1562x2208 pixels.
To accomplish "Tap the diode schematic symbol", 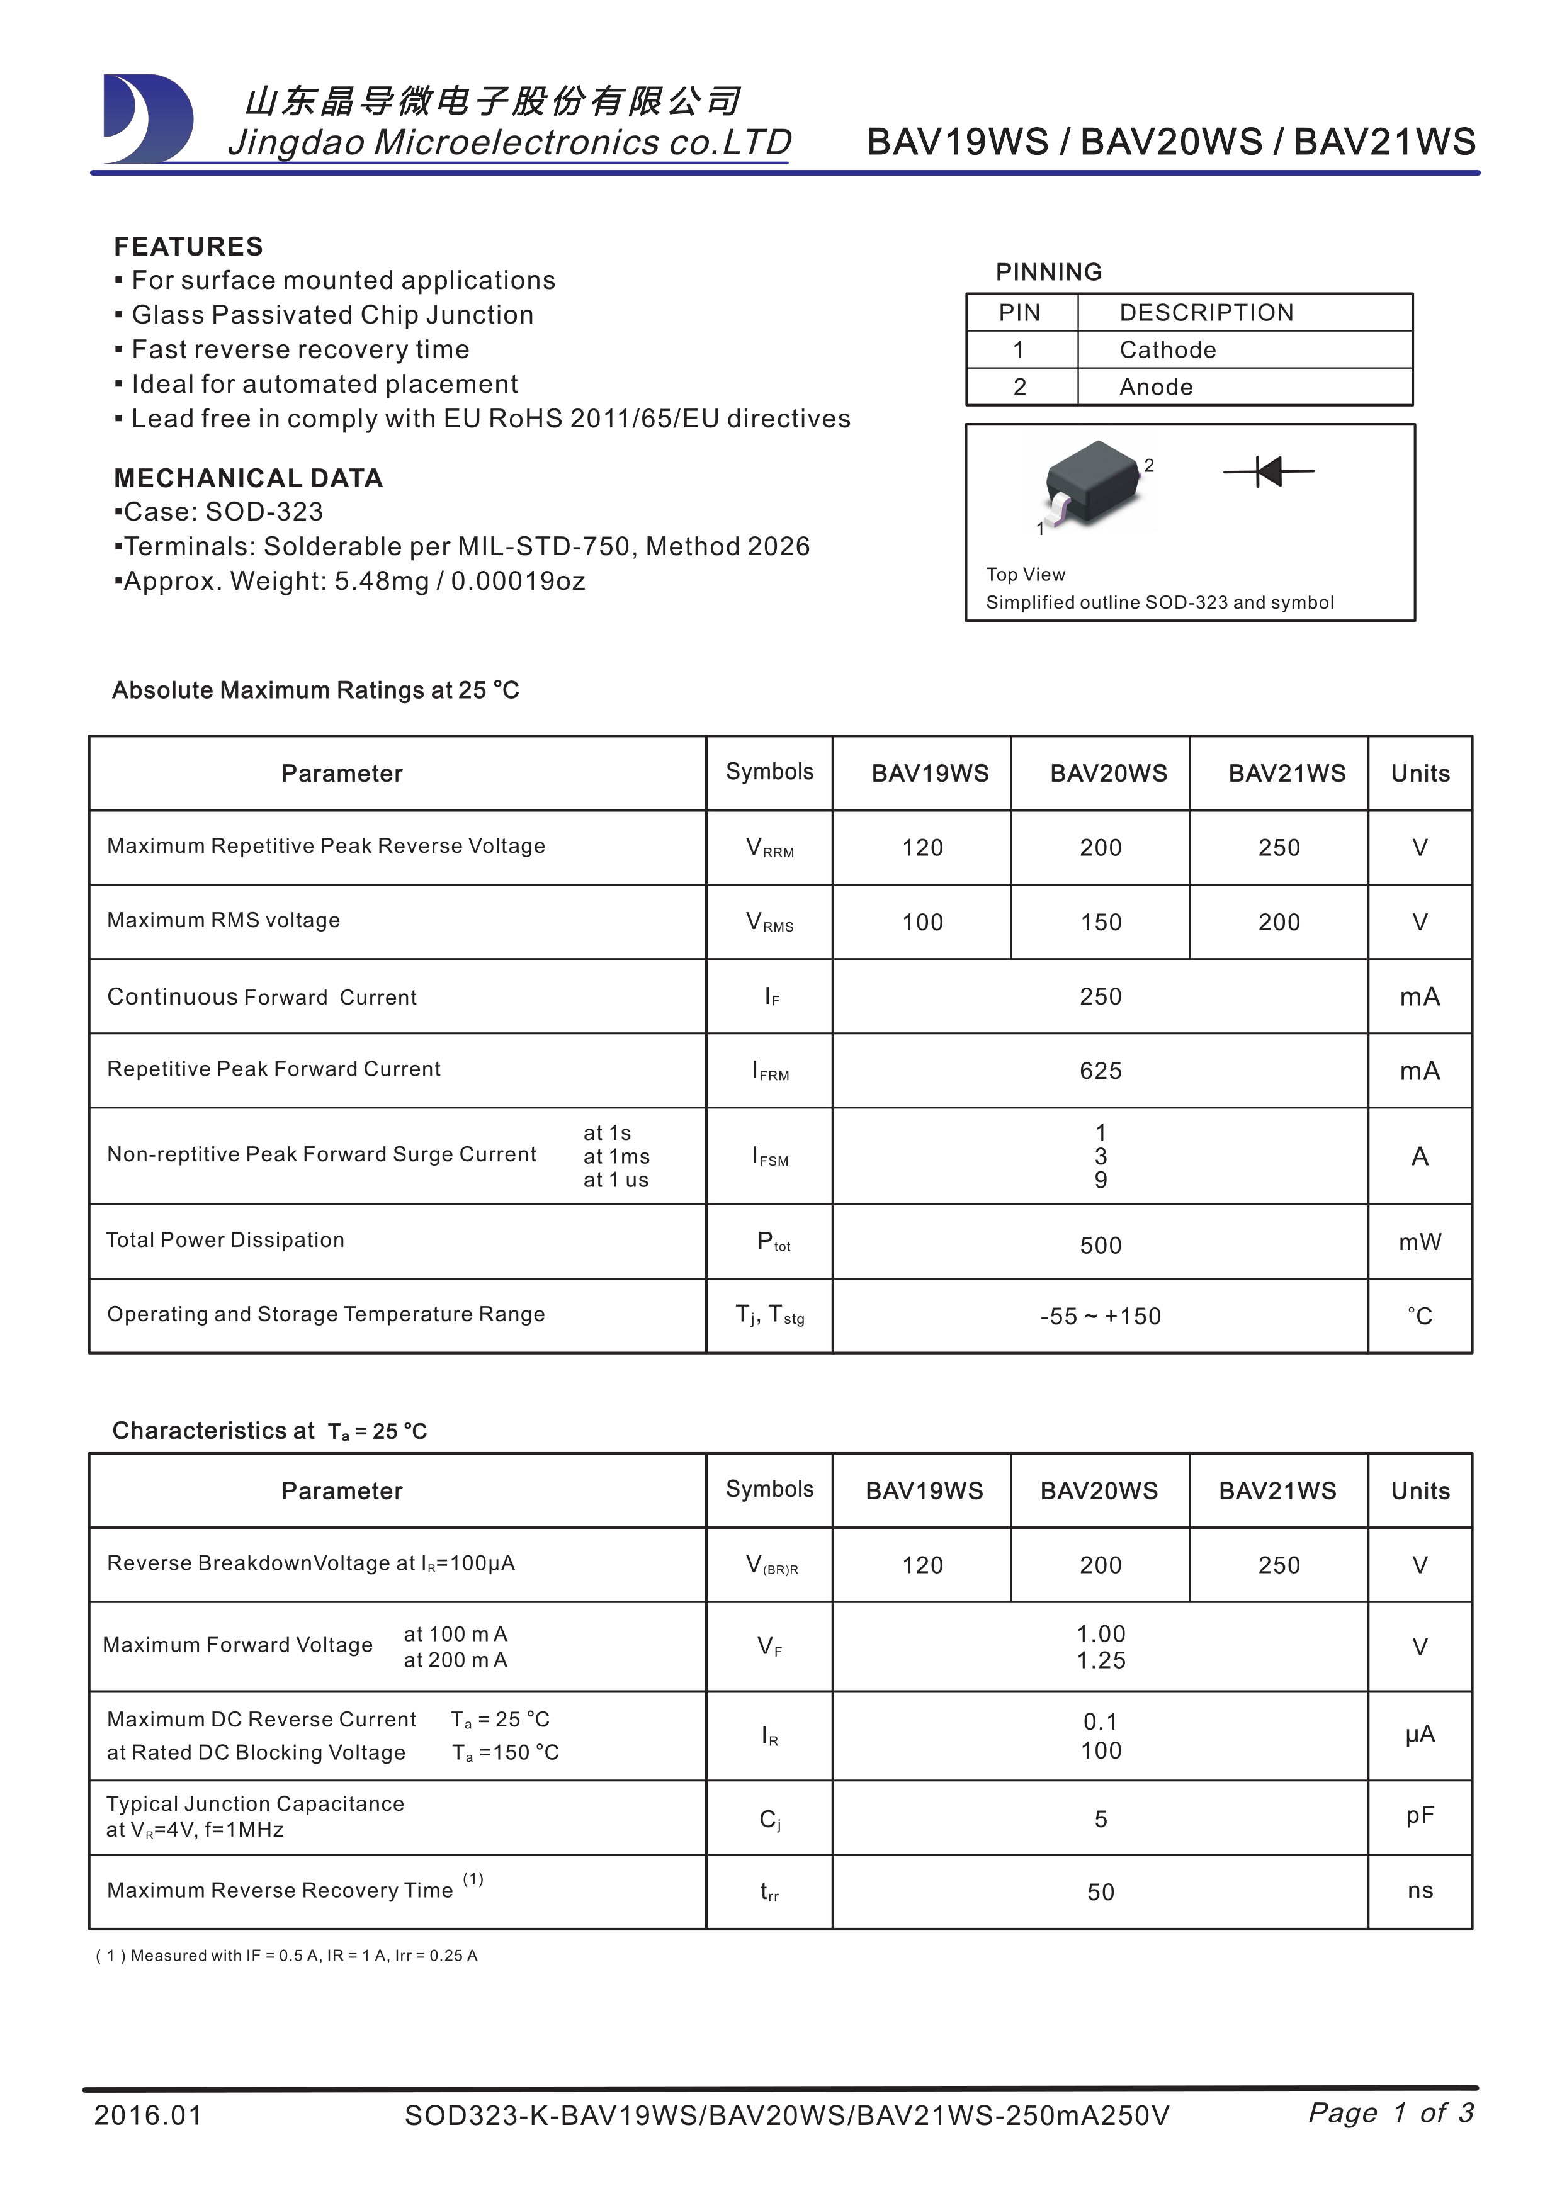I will point(1269,471).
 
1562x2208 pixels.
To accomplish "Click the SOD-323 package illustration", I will point(1095,483).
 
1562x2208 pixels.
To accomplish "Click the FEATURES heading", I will point(188,247).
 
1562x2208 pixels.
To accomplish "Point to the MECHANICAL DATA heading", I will point(248,478).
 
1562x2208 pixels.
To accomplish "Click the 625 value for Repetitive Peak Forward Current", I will point(1101,1071).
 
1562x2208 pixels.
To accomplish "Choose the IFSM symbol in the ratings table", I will point(769,1157).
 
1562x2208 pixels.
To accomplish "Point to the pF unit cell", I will point(1420,1816).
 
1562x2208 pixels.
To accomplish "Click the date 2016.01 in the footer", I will point(148,2115).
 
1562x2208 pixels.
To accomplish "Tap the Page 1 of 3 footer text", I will point(1391,2113).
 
